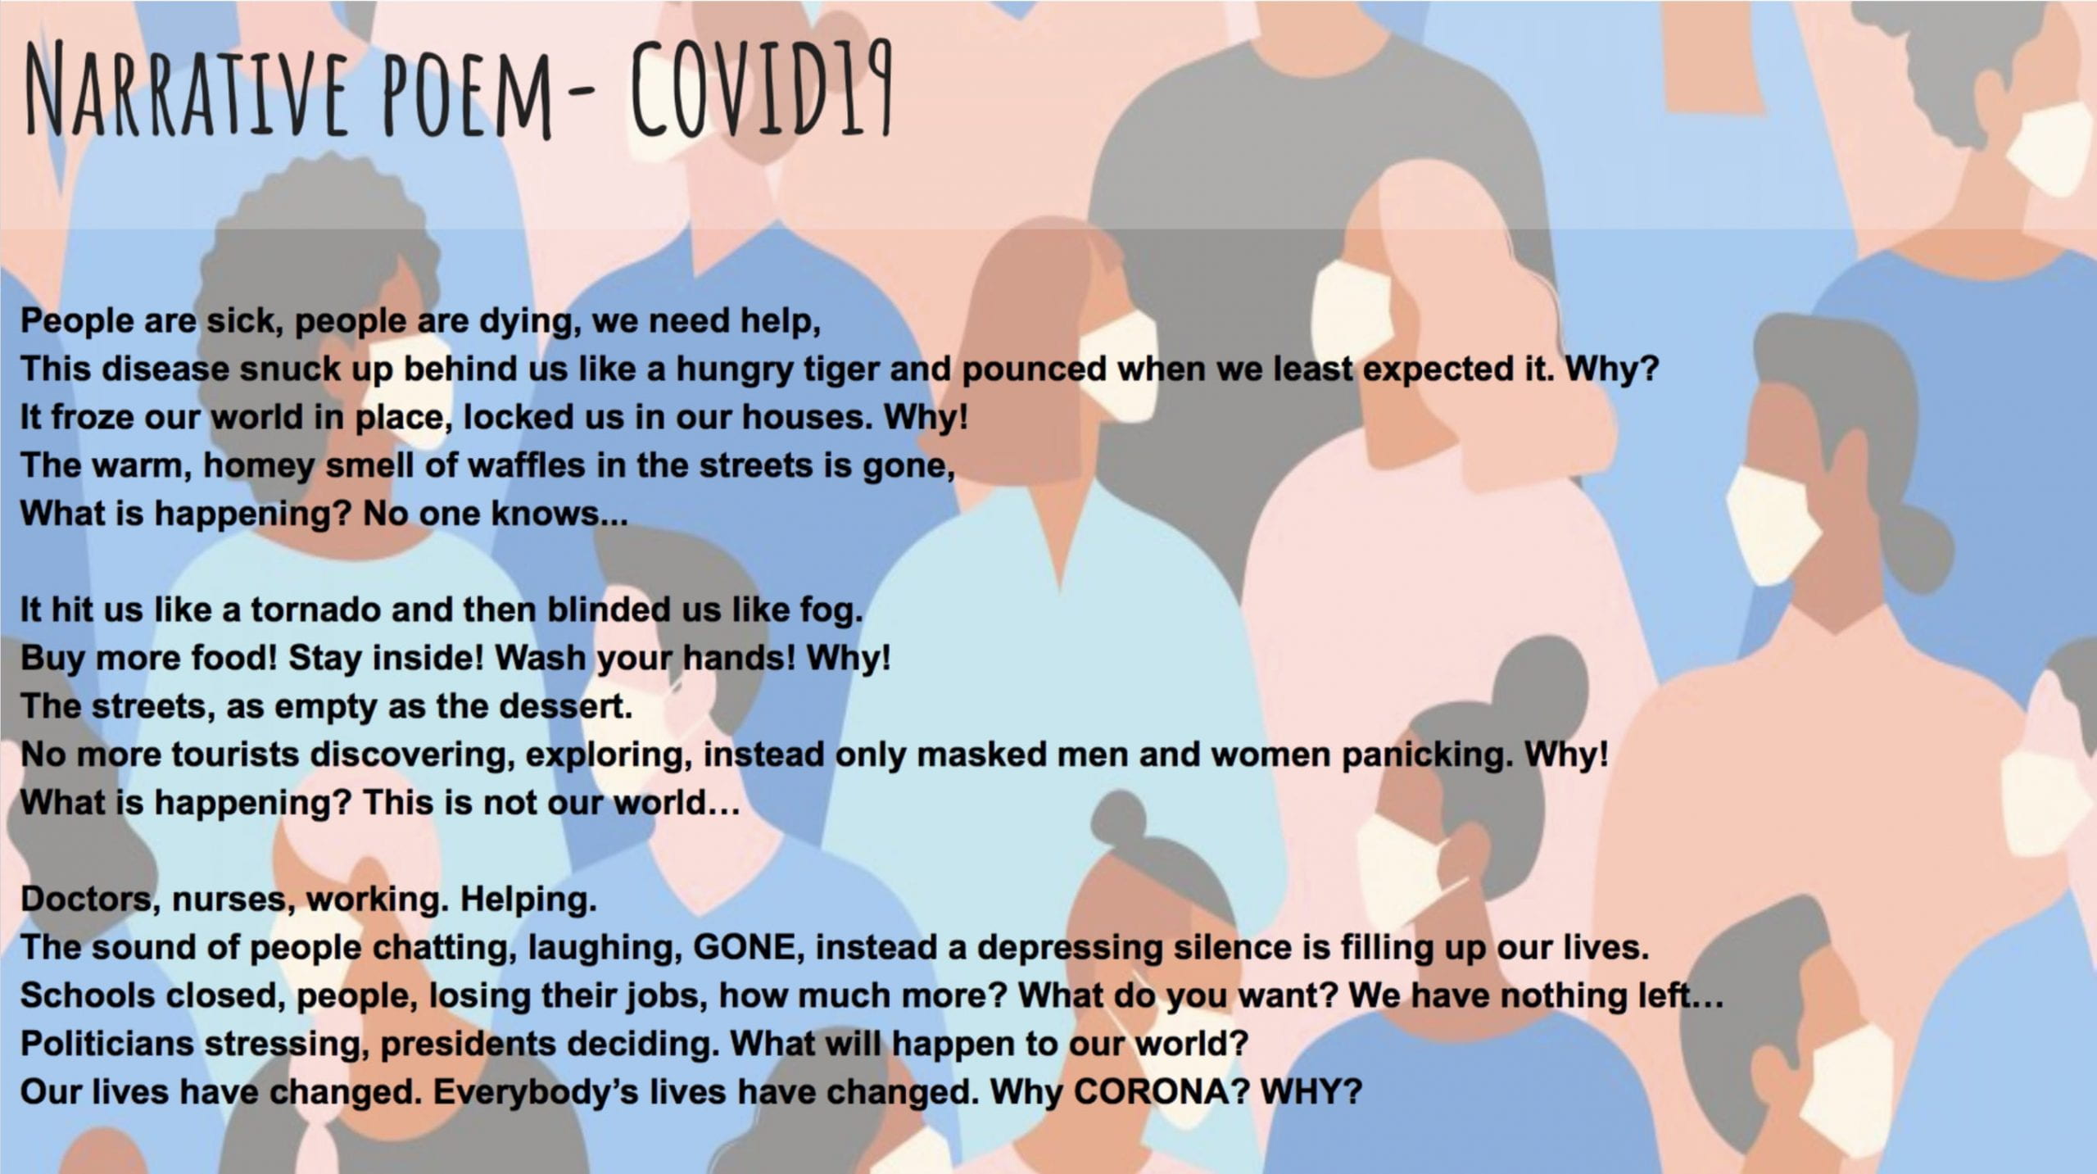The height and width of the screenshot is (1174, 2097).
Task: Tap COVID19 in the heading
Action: tap(762, 89)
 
